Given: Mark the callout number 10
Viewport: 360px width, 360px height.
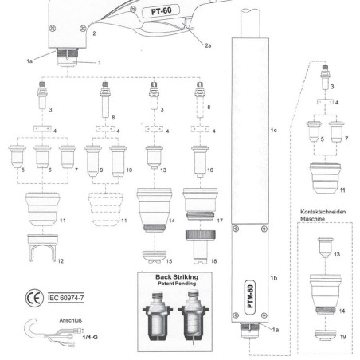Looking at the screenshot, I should coord(130,170).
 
